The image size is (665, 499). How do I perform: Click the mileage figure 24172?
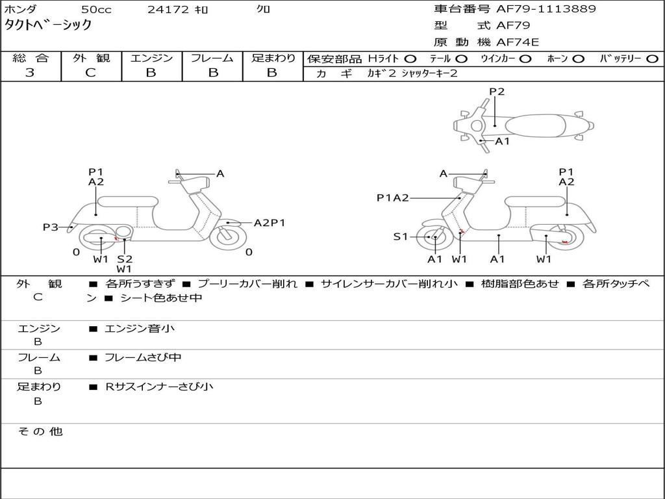(x=168, y=10)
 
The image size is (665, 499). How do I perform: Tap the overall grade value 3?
(x=30, y=73)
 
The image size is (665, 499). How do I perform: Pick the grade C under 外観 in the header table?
(x=90, y=73)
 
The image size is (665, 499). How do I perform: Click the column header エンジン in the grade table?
(x=151, y=58)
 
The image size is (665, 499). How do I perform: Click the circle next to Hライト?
(x=410, y=58)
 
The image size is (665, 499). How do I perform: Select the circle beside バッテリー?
(x=652, y=58)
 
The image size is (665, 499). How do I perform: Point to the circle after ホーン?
(x=578, y=58)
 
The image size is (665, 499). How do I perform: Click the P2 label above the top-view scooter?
(x=496, y=92)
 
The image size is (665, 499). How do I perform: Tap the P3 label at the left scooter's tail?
(x=50, y=227)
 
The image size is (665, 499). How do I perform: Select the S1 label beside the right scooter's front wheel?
(x=401, y=237)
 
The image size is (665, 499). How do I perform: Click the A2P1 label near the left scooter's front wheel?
(x=270, y=223)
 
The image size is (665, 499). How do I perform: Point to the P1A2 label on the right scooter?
(x=393, y=198)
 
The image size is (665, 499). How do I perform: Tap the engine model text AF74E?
(x=518, y=42)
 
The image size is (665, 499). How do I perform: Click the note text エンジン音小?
(x=140, y=329)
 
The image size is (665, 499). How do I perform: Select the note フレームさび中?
(x=143, y=357)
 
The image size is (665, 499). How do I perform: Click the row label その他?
(x=40, y=431)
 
